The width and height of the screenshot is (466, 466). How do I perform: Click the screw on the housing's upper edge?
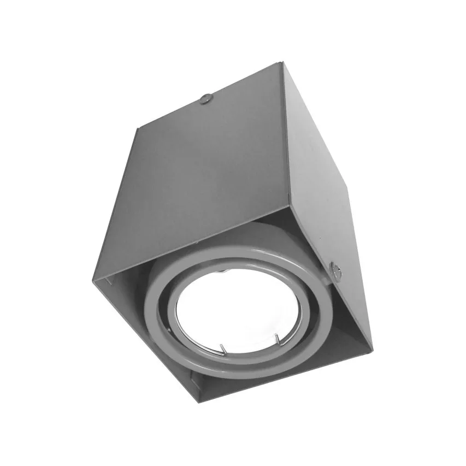pyautogui.click(x=207, y=99)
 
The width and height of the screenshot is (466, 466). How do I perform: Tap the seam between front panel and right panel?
pyautogui.click(x=285, y=137)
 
